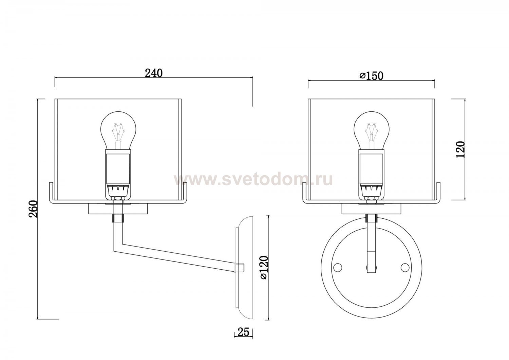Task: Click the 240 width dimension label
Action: pyautogui.click(x=154, y=73)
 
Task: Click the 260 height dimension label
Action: pyautogui.click(x=33, y=209)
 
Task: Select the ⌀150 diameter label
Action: pyautogui.click(x=371, y=76)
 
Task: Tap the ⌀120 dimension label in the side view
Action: pyautogui.click(x=264, y=267)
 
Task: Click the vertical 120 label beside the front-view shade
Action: pyautogui.click(x=460, y=150)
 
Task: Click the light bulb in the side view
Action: pyautogui.click(x=118, y=130)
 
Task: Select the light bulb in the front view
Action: pyautogui.click(x=372, y=130)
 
